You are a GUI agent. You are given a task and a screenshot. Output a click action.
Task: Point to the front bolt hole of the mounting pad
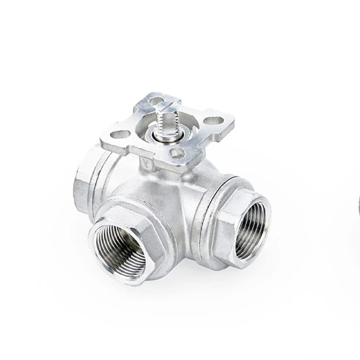pyautogui.click(x=177, y=153)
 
